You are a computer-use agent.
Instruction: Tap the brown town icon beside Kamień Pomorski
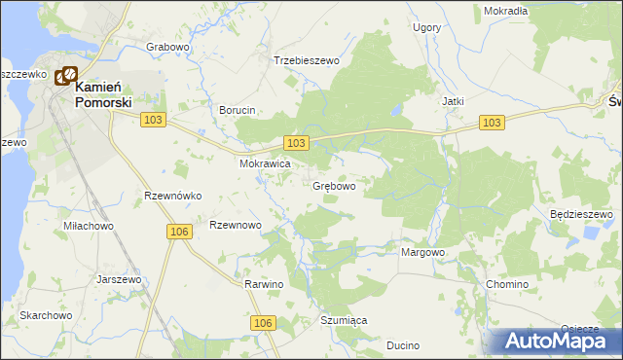66,76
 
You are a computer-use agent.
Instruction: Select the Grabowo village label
166,47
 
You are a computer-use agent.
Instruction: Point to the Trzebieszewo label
306,60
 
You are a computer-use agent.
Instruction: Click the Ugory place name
426,28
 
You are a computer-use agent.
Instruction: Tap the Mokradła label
505,11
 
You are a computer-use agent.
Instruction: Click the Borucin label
237,110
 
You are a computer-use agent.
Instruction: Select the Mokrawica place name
266,164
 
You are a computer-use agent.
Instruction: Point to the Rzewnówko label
172,196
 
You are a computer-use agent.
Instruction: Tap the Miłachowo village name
89,226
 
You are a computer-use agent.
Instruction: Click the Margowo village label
423,252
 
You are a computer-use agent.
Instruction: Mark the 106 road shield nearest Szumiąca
262,322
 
